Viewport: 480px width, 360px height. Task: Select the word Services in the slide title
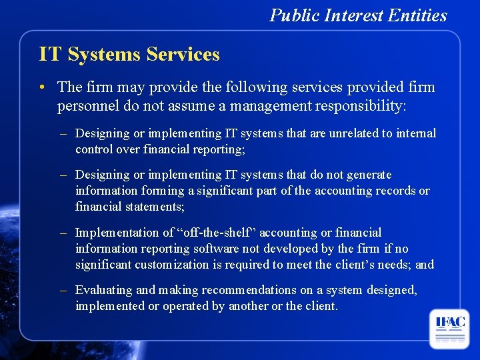coord(179,53)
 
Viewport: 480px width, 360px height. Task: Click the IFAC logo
coord(450,328)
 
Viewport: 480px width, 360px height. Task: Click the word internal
coord(416,133)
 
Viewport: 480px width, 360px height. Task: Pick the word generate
coord(369,175)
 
